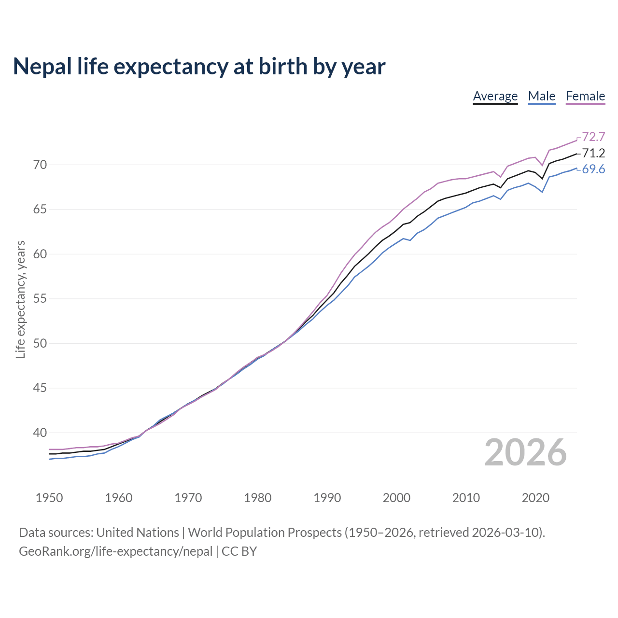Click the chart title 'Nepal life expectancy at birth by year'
tap(199, 67)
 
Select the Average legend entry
tap(495, 96)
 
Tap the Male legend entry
tap(541, 96)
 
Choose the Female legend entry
tap(585, 96)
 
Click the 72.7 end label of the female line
tap(593, 137)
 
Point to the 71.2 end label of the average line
tap(593, 153)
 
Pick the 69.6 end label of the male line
tap(593, 169)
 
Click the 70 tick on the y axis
tap(40, 165)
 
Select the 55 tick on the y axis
tap(40, 299)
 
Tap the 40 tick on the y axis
tap(40, 433)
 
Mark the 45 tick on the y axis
tap(40, 388)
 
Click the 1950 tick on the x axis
tap(49, 498)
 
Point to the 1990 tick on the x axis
tap(327, 498)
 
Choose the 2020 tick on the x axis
tap(535, 498)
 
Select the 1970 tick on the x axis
tap(188, 498)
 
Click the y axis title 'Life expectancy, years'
tap(21, 299)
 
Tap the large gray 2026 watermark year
tap(525, 452)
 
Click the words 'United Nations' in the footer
tap(138, 533)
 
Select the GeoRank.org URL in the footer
tap(115, 551)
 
